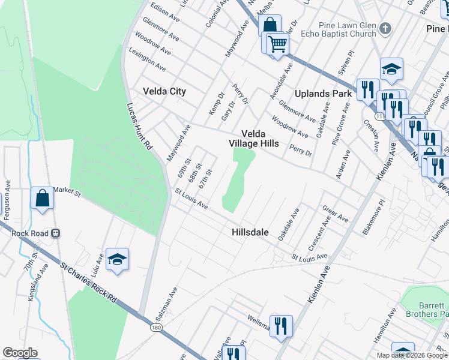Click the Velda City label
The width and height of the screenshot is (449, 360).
click(x=164, y=91)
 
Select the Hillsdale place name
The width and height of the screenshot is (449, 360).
click(x=250, y=232)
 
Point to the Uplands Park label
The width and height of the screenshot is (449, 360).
click(x=324, y=94)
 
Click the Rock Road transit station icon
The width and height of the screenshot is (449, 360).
click(x=56, y=233)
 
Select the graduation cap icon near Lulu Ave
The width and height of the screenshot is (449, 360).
click(x=118, y=259)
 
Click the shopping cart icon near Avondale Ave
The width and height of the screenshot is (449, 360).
click(x=277, y=43)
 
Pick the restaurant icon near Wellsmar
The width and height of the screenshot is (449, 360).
click(x=281, y=326)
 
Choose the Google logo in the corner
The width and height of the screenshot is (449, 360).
click(x=20, y=353)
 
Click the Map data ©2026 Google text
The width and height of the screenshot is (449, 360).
click(x=411, y=355)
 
